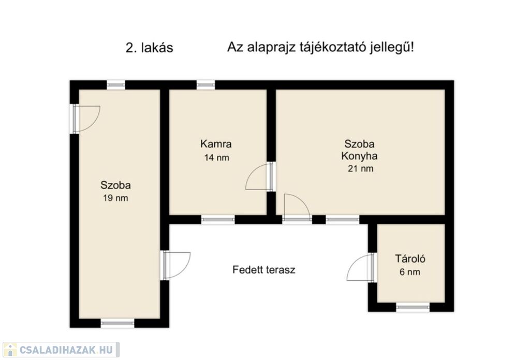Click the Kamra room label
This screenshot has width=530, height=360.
[216, 144]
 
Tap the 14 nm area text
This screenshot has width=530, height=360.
[216, 157]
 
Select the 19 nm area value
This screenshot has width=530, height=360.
[115, 198]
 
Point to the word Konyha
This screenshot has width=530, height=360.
[359, 156]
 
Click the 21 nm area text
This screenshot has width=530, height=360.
[360, 168]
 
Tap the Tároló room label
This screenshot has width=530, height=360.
[410, 259]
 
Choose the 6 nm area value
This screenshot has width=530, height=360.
[410, 272]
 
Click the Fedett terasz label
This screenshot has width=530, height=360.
[263, 270]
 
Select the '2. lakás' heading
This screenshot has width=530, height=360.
[150, 48]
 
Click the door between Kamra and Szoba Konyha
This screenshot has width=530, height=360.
[260, 177]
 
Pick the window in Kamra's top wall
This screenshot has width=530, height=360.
[206, 84]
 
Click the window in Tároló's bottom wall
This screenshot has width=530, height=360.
[413, 307]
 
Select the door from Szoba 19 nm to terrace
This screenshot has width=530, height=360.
[176, 266]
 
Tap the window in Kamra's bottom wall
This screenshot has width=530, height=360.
[218, 220]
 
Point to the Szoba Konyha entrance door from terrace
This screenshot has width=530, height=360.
[297, 208]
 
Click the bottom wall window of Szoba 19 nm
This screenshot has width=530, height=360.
[117, 323]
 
